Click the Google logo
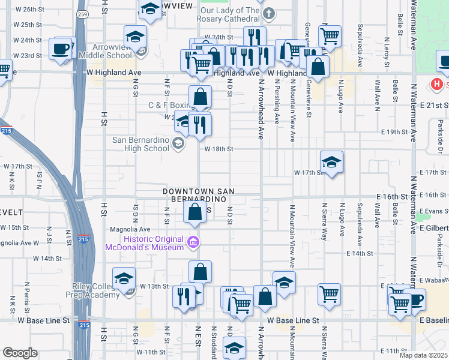20,353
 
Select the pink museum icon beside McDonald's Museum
193,242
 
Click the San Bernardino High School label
141,144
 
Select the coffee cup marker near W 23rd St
61,49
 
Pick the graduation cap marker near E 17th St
331,161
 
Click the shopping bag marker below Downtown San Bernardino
194,212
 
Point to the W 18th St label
218,149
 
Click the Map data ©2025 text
424,355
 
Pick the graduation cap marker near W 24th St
136,37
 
